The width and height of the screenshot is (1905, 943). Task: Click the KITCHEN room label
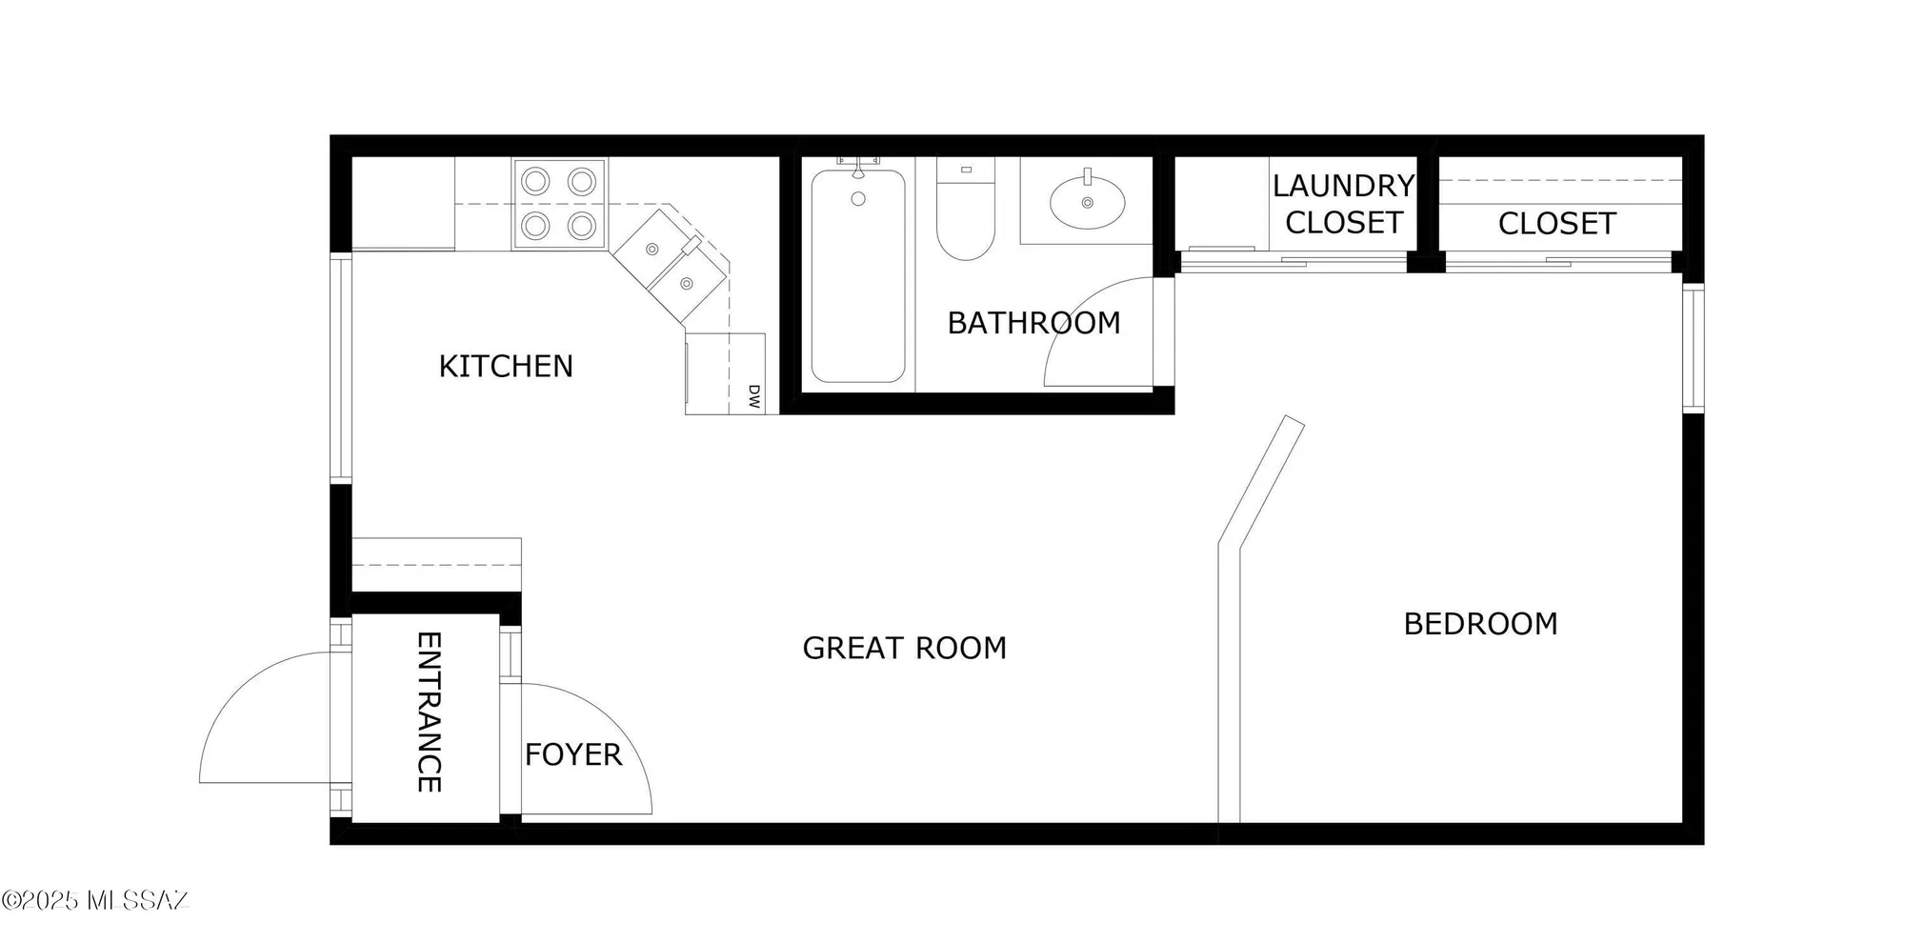pos(506,366)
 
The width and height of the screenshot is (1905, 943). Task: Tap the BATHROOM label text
pos(1033,323)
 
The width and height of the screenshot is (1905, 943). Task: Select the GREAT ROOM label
pos(904,648)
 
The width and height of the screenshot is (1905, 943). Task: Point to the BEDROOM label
pos(1480,624)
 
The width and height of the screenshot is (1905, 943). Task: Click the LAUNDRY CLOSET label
pos(1343,204)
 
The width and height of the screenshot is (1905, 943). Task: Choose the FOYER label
pos(572,754)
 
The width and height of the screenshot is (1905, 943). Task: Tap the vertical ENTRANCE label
pos(429,712)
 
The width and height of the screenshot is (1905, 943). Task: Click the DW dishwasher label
pos(752,397)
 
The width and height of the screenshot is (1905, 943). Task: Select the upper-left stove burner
pos(535,180)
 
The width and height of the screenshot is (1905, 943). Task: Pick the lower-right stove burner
pos(582,226)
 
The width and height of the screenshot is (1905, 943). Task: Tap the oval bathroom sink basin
pos(1087,203)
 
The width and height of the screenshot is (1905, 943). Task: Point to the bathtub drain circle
pos(858,199)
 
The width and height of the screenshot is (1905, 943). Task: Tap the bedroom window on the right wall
pos(1693,348)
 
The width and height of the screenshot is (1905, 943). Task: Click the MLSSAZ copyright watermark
pos(95,900)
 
